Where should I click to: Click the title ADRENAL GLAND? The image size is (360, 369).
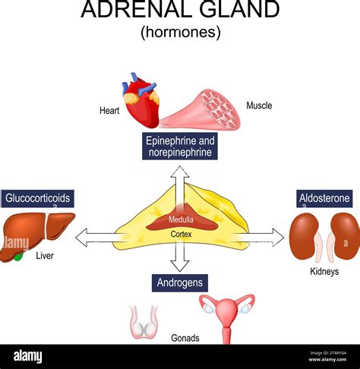(x=180, y=11)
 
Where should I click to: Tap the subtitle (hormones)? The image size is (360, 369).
(x=180, y=32)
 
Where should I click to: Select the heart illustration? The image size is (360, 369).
(x=143, y=100)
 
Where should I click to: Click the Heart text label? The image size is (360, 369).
(x=109, y=111)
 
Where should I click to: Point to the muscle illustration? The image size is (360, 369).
(x=204, y=108)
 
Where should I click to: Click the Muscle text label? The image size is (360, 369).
(x=260, y=106)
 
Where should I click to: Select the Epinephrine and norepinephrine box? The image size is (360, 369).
(x=180, y=147)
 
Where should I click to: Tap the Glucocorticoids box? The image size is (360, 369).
(x=38, y=198)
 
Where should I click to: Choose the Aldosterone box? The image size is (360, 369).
(x=324, y=198)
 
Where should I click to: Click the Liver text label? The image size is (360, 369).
(x=44, y=257)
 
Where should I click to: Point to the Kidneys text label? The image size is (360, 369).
(x=324, y=271)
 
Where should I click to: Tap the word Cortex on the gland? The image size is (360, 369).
(x=180, y=235)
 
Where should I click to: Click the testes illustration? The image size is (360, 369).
(x=143, y=320)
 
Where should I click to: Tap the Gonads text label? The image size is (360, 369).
(x=185, y=338)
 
